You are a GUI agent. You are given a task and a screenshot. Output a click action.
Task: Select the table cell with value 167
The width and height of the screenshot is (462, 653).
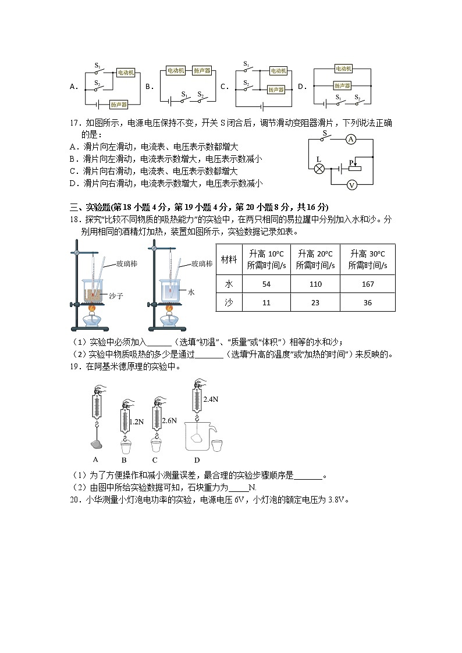[367, 284]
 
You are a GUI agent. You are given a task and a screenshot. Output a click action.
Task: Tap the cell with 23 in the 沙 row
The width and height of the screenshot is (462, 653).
[315, 303]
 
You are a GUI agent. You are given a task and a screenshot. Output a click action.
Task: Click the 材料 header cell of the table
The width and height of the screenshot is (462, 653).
[229, 259]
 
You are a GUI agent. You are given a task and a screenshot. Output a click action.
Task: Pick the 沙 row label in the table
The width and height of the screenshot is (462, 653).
[229, 303]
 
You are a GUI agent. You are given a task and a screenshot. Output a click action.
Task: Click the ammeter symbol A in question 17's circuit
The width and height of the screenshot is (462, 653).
[350, 139]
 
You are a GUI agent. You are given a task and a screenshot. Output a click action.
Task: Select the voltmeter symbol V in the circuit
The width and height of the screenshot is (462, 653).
[351, 184]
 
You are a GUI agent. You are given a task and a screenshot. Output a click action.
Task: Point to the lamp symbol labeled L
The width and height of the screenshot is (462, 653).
[319, 169]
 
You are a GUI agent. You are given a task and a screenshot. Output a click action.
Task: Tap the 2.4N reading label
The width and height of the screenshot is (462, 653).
[211, 399]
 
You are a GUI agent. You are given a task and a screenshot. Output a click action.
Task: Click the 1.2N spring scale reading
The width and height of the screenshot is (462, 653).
[136, 422]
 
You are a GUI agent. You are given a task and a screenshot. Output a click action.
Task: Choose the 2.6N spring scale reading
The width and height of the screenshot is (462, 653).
[169, 420]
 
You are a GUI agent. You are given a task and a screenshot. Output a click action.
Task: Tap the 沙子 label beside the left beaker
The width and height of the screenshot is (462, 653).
[116, 296]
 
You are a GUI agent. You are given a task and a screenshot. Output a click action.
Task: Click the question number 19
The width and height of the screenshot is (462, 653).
[74, 366]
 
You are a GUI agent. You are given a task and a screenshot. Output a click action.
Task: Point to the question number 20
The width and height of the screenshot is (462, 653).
[74, 499]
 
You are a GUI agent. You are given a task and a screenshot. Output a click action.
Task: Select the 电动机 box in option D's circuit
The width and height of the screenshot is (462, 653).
[343, 68]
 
